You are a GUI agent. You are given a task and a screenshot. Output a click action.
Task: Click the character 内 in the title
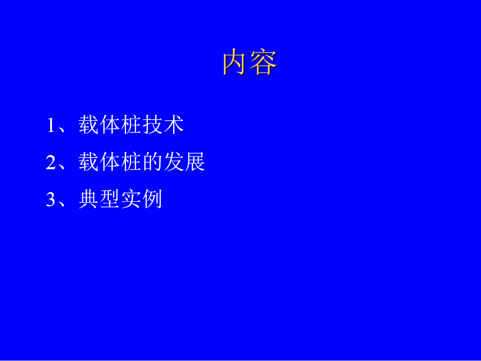click(234, 62)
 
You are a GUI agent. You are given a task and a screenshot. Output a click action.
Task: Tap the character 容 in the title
click(264, 62)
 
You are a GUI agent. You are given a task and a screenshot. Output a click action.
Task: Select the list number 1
click(51, 126)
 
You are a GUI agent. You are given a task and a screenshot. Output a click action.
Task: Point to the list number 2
click(51, 162)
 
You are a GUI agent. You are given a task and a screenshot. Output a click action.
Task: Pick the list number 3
click(51, 199)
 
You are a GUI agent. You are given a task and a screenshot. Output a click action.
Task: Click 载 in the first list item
click(88, 125)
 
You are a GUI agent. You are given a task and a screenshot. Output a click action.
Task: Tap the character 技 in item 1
click(152, 125)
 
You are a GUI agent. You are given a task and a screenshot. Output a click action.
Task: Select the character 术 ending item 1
click(174, 125)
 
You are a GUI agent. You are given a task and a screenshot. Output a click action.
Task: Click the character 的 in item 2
click(152, 161)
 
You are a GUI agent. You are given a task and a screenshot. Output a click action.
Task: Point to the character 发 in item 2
click(174, 161)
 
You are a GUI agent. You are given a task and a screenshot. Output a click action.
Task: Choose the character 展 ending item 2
click(195, 161)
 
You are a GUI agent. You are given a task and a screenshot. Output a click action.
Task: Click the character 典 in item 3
click(88, 199)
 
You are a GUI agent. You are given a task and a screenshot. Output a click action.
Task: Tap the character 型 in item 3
click(110, 199)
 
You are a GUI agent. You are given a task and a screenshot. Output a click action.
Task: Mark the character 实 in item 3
click(131, 199)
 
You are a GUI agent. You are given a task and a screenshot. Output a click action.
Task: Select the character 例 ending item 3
click(152, 199)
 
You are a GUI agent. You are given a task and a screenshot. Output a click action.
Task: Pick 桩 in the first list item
click(131, 125)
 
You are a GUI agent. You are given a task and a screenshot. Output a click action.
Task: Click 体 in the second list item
click(110, 161)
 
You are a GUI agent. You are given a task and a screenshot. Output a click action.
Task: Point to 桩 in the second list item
click(131, 161)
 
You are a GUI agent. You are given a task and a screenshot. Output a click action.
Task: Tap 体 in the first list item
click(110, 125)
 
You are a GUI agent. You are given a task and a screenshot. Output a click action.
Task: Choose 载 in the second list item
click(88, 161)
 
